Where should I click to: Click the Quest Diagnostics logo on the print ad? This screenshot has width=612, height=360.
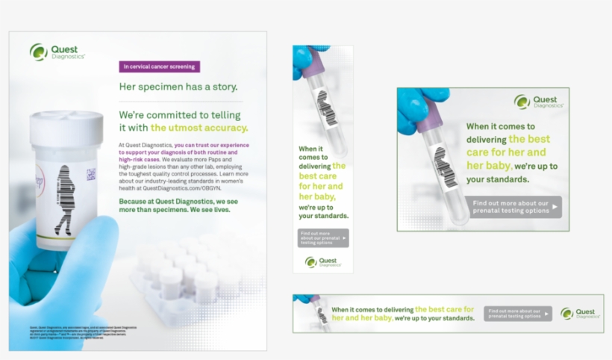point(57,52)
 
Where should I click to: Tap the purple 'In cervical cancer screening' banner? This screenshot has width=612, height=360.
point(160,66)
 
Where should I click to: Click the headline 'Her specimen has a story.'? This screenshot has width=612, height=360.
point(178,87)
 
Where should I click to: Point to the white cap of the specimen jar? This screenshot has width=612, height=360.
point(66,123)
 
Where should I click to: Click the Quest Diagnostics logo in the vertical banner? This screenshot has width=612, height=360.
point(322,262)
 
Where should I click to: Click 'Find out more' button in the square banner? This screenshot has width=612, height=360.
point(513,207)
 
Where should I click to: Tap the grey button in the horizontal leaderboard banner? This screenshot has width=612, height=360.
point(517,314)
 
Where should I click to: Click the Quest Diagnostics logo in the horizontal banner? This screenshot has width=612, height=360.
point(580,314)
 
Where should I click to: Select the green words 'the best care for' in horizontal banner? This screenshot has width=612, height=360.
point(444,309)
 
